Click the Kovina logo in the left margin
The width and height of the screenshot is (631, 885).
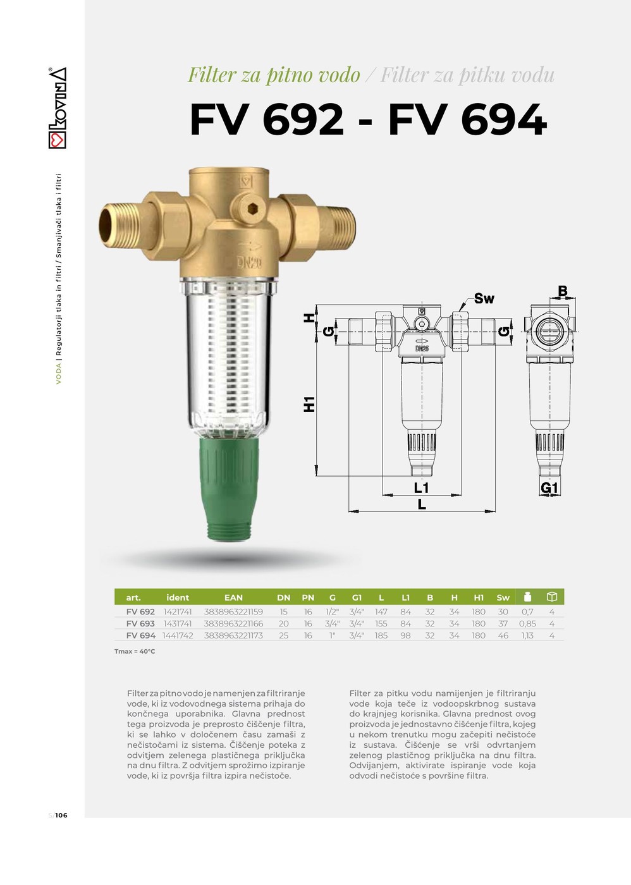58,108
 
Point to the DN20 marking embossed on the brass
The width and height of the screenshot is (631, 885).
249,263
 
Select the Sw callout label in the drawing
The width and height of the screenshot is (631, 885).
484,298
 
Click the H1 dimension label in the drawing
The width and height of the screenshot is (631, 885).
309,404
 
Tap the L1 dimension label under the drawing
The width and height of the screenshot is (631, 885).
421,488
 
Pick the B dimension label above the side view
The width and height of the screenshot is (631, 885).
562,291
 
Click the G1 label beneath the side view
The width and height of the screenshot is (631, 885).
549,488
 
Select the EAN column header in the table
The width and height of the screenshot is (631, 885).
233,597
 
